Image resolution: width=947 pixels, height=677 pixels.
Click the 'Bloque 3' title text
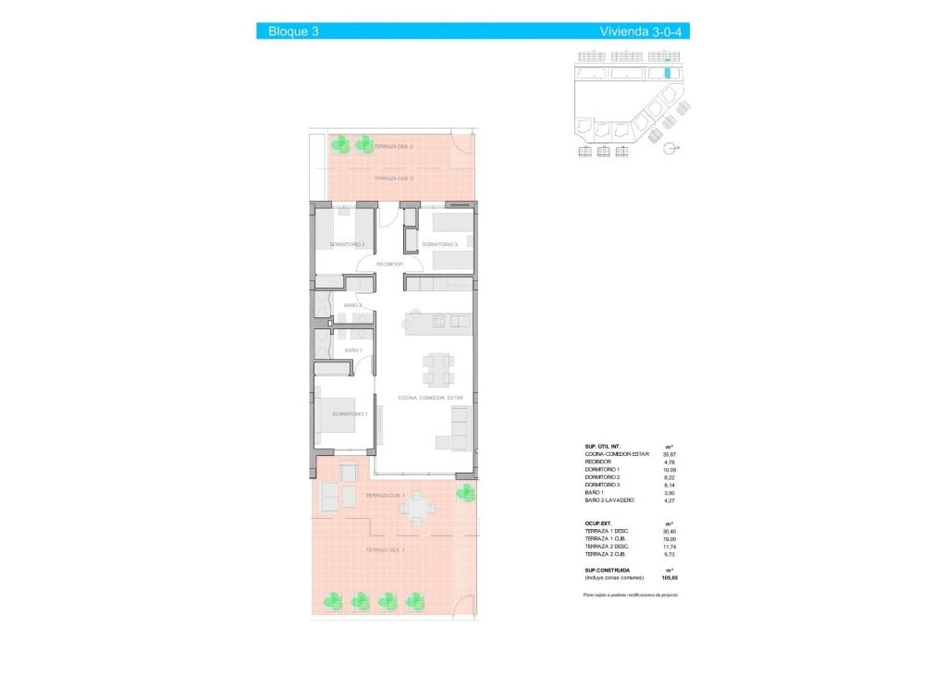coord(293,31)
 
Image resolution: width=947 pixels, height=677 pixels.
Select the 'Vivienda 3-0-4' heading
coord(646,31)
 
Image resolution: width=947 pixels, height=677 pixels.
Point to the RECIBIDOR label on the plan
coord(389,265)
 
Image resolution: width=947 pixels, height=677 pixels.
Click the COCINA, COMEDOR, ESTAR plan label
coord(430,398)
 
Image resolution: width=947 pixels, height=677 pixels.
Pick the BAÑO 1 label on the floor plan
coord(352,351)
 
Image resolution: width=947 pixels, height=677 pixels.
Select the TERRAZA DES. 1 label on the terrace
coord(385,550)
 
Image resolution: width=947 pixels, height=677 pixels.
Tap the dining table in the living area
coord(437,369)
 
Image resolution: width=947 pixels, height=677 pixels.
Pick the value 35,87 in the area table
coord(670,454)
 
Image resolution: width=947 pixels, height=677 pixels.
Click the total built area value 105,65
coord(669,578)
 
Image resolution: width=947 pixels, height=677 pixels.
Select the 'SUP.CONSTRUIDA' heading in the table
coord(608,571)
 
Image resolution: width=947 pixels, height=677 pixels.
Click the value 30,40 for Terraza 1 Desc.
coord(670,530)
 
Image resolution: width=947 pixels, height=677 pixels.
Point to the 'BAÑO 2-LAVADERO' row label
coord(609,500)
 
